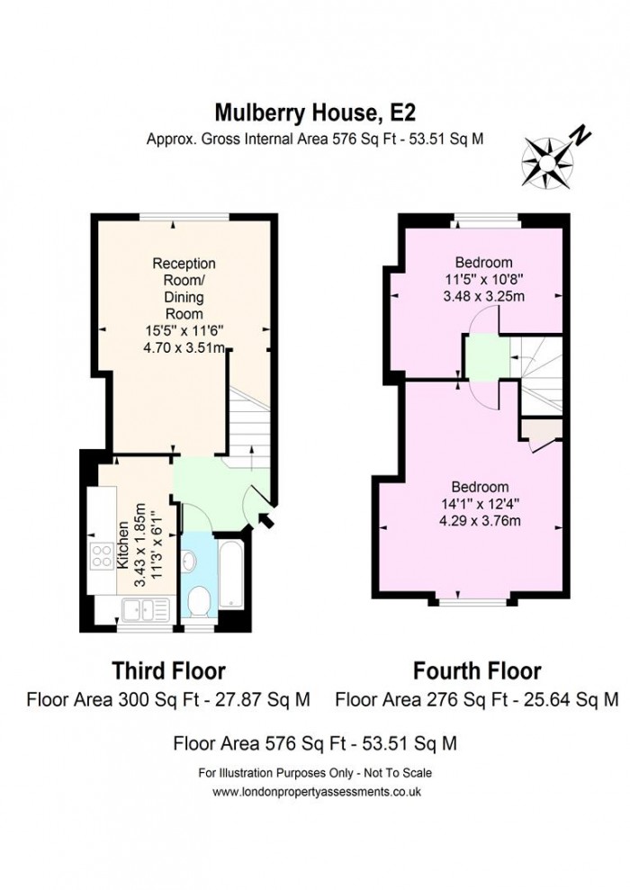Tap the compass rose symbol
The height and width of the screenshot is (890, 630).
(x=545, y=159)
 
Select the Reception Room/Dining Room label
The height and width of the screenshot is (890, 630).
(x=184, y=289)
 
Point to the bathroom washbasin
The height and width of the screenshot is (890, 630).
(x=189, y=562)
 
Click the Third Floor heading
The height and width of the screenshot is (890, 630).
(x=168, y=670)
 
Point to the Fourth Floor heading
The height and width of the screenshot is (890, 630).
(x=477, y=670)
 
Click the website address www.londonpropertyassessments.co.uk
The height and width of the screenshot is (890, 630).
(x=317, y=791)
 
